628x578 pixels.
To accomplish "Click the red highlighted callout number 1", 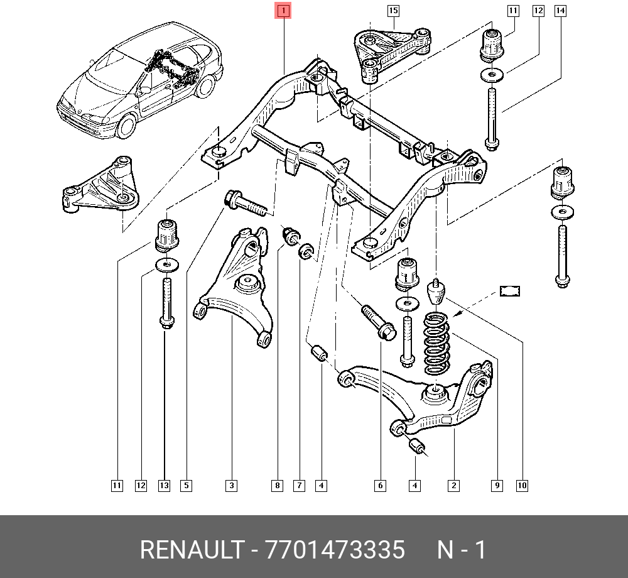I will [283, 11].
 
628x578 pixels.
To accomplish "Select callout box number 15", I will [393, 11].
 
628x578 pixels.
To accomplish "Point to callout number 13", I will [165, 485].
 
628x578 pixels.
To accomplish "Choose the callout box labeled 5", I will [186, 485].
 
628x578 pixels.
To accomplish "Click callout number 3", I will [232, 485].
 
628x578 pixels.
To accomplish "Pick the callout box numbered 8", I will [277, 485].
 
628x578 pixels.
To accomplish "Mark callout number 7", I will [300, 485].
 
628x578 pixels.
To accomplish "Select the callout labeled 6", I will [380, 485].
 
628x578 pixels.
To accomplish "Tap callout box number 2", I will [453, 485].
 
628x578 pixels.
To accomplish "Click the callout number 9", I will [497, 485].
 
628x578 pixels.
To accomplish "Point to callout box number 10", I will [522, 485].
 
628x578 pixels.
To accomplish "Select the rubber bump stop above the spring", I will [435, 292].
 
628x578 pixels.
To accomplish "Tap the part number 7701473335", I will [335, 550].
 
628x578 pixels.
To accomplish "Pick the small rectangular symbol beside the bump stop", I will [511, 290].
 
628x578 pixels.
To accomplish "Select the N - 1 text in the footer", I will [462, 550].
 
